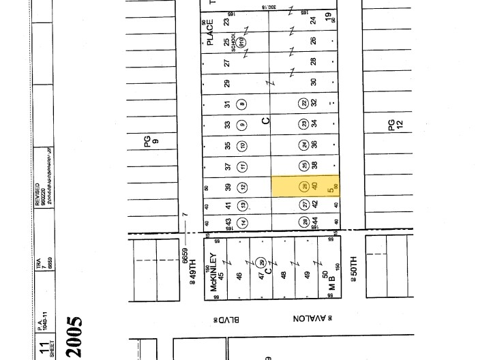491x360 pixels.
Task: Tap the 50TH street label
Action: tap(353, 271)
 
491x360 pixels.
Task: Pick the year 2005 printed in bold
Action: tap(74, 337)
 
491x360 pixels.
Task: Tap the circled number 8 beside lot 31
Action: tap(242, 104)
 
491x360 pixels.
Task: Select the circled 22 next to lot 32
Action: tap(304, 104)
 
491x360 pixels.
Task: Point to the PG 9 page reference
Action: tap(151, 142)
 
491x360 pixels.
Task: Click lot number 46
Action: tap(239, 276)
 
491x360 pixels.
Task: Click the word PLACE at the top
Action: tap(210, 32)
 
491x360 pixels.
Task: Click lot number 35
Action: tap(228, 146)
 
